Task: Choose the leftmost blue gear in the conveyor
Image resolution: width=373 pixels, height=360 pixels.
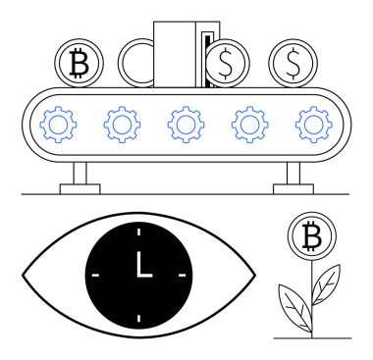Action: click(x=59, y=124)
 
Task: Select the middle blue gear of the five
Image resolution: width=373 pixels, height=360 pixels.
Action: click(x=186, y=124)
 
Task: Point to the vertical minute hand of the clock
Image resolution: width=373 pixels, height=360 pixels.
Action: click(x=138, y=262)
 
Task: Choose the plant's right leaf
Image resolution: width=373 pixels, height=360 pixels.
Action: click(x=325, y=282)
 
